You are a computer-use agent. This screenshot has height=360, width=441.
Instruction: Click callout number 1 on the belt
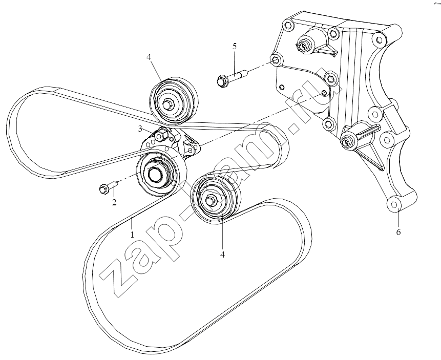[132, 235]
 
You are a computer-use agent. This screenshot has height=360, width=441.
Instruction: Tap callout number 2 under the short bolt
[114, 202]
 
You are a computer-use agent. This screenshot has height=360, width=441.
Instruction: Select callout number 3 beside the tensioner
[140, 129]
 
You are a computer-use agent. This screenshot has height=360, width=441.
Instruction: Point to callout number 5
[235, 46]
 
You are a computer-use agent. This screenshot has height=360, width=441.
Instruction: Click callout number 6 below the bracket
[398, 232]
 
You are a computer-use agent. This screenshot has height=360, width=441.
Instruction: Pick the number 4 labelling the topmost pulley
[149, 57]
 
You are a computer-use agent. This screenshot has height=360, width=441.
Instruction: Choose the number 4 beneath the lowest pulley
[222, 255]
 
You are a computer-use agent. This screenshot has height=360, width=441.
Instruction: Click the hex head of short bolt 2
[103, 189]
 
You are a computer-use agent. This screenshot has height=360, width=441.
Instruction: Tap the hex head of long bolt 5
[222, 81]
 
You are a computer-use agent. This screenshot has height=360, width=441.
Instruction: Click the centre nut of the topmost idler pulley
[168, 104]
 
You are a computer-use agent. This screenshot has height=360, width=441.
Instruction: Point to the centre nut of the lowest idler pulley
[211, 200]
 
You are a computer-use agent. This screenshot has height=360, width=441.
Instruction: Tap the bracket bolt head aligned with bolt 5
[276, 60]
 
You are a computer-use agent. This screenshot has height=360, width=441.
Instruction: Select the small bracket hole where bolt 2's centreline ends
[324, 93]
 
